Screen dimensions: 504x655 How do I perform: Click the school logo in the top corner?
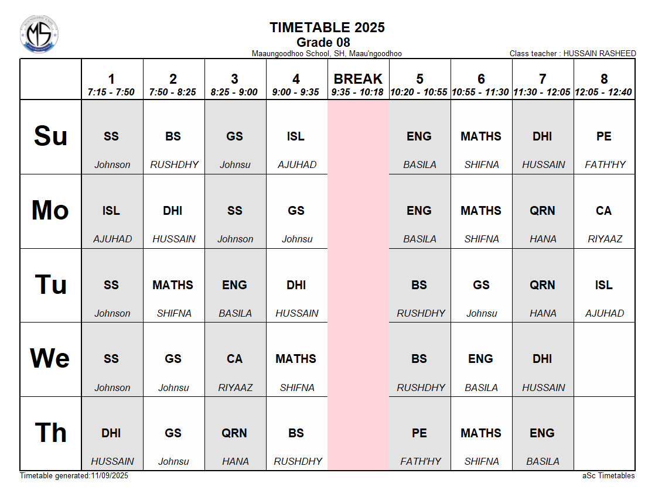[x=39, y=35]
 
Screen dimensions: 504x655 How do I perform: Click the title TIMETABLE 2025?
[x=327, y=28]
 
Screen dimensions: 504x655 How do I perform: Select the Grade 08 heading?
[x=323, y=42]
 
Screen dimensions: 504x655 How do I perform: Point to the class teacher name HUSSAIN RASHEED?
[x=599, y=54]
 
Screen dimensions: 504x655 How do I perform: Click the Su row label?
[x=50, y=136]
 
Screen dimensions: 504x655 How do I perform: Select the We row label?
[x=50, y=359]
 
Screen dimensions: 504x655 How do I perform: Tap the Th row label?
[x=50, y=433]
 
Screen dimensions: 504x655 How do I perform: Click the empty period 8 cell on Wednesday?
[x=604, y=359]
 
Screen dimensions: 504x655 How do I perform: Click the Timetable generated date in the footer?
[x=74, y=476]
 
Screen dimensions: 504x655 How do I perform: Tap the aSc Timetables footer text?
[x=604, y=476]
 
